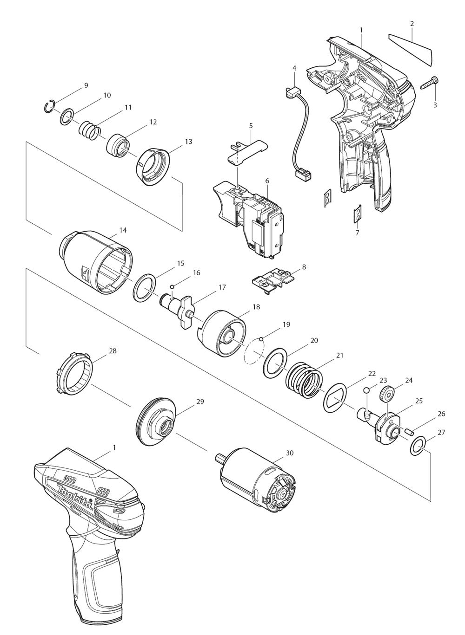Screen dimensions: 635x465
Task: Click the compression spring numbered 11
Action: pos(88,130)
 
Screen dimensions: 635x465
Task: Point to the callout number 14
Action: pos(123,230)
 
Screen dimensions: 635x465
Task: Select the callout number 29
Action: pos(199,401)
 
